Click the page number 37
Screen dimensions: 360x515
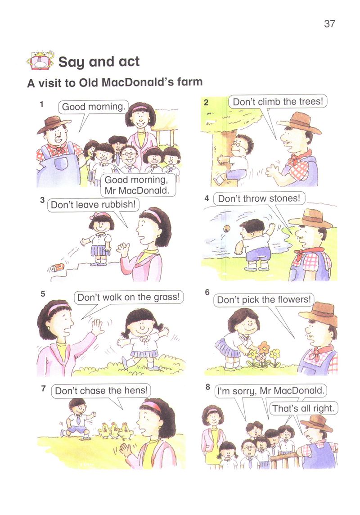[329, 24]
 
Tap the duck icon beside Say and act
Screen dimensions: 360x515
[40, 60]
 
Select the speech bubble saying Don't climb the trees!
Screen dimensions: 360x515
[278, 102]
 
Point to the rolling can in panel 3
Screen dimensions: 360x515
[58, 268]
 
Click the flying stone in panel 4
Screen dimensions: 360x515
[226, 229]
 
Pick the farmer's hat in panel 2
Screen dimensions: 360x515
[299, 123]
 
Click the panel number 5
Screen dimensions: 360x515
[43, 294]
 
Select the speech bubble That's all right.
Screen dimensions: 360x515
[303, 409]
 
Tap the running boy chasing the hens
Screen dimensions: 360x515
[77, 419]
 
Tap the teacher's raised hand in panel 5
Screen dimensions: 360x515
[97, 327]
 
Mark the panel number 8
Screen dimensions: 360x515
[208, 387]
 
